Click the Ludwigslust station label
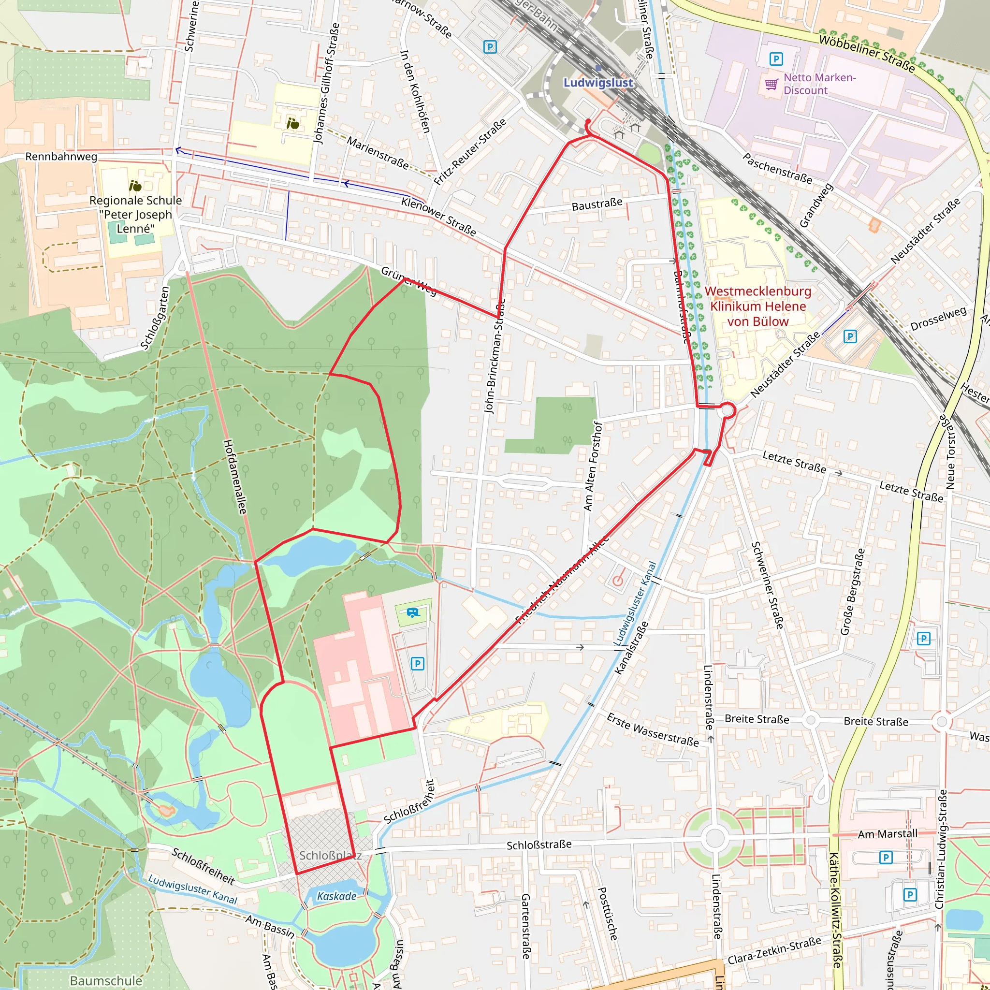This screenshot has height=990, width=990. click(x=598, y=83)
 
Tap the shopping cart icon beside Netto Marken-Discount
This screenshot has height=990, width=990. click(x=771, y=84)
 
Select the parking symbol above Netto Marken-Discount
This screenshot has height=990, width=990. click(x=776, y=59)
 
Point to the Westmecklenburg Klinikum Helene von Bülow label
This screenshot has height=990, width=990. click(x=758, y=306)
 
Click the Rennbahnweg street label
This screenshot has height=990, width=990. click(x=61, y=156)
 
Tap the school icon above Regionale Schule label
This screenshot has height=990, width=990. click(x=135, y=185)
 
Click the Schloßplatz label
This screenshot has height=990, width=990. click(x=331, y=855)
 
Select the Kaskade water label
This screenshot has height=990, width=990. click(x=336, y=896)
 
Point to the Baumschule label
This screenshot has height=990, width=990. click(x=106, y=980)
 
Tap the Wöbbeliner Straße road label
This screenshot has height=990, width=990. click(x=867, y=53)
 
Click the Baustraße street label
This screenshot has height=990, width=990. click(x=597, y=205)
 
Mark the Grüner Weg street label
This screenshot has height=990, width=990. click(x=408, y=281)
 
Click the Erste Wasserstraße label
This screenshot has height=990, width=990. click(x=652, y=729)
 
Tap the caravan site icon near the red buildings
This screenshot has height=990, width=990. click(x=412, y=612)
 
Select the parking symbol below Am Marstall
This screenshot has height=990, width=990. click(x=886, y=857)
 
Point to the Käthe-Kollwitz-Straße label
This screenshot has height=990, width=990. click(x=835, y=910)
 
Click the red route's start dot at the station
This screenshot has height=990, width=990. click(x=588, y=121)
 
